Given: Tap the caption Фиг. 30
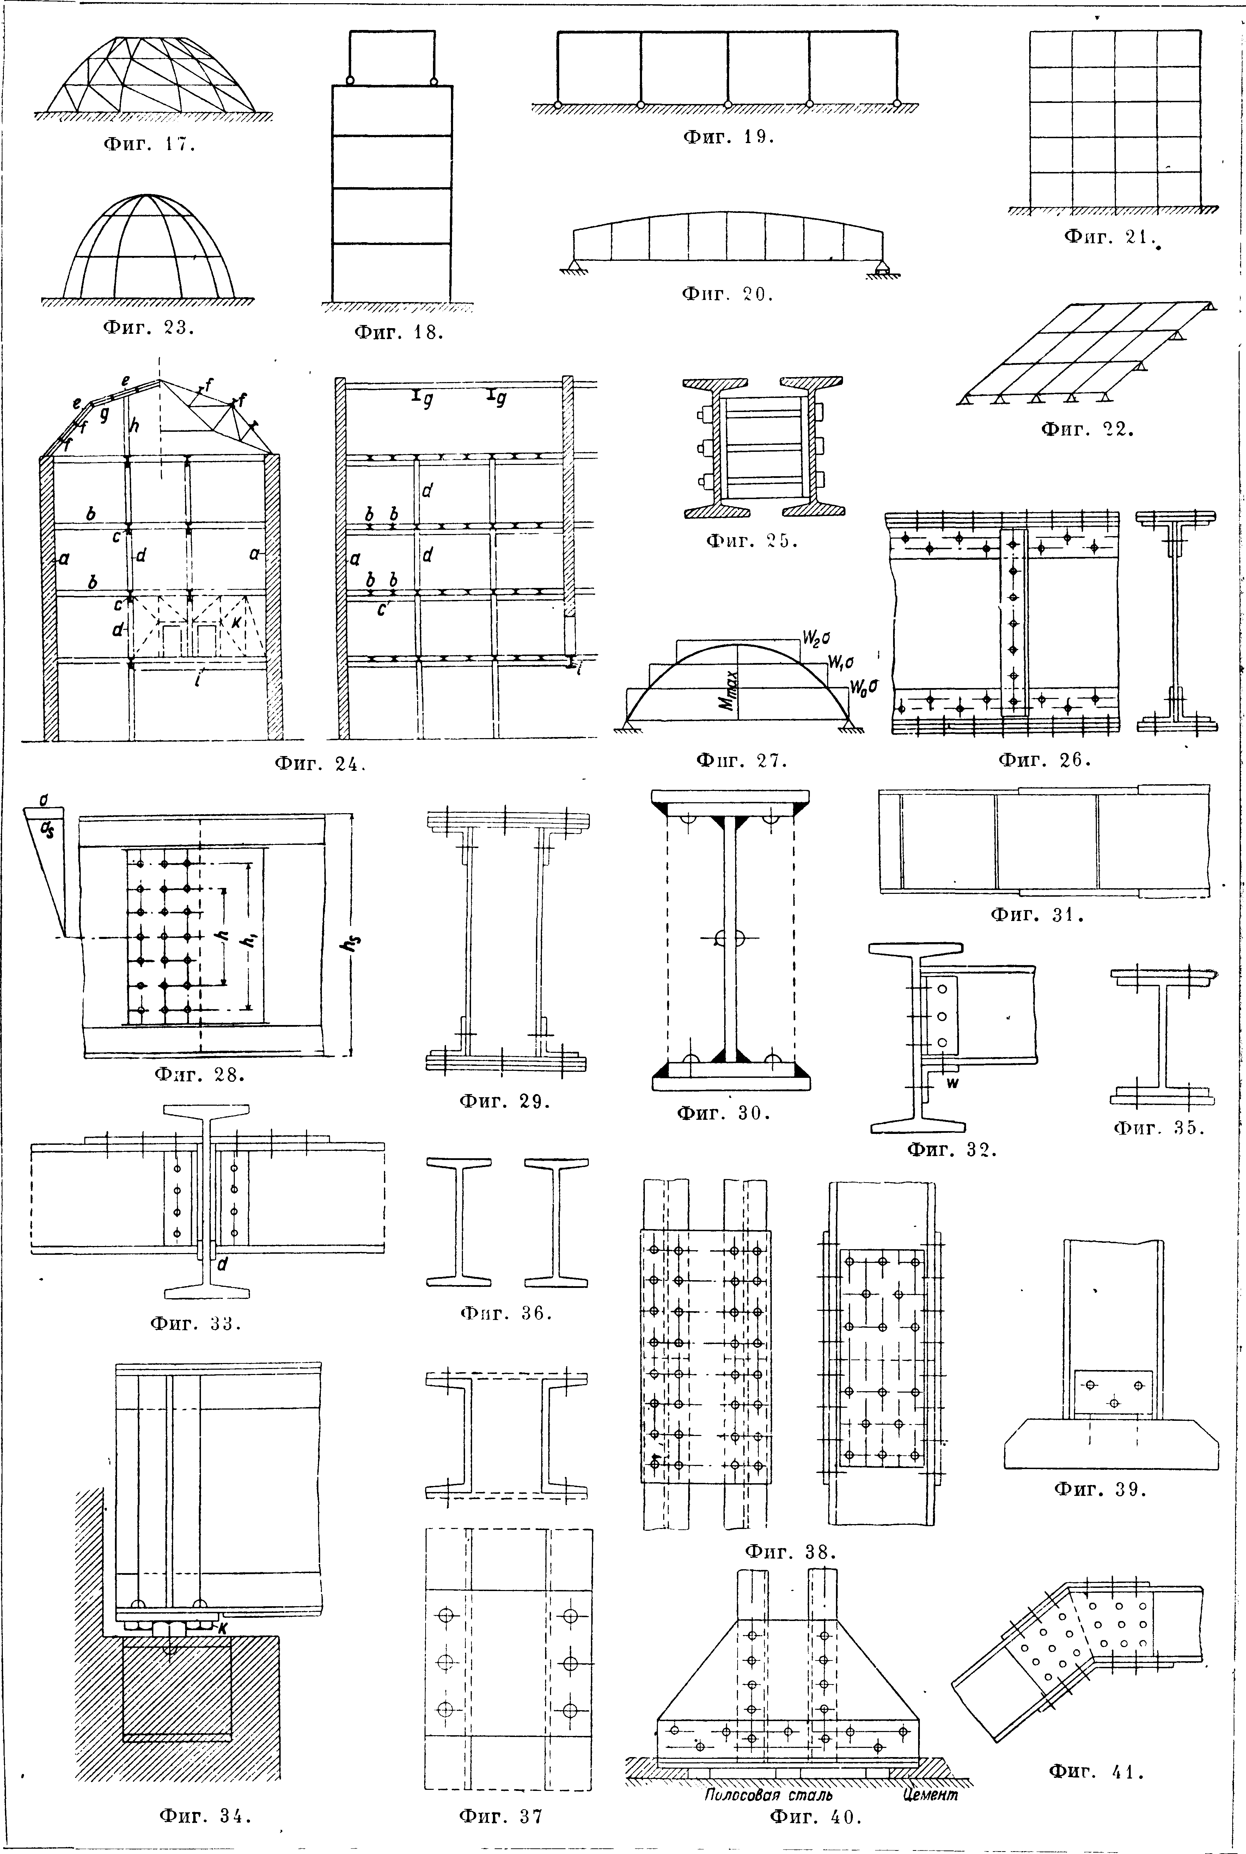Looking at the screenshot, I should coord(723,1113).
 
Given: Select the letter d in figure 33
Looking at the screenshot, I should coord(222,1264).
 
